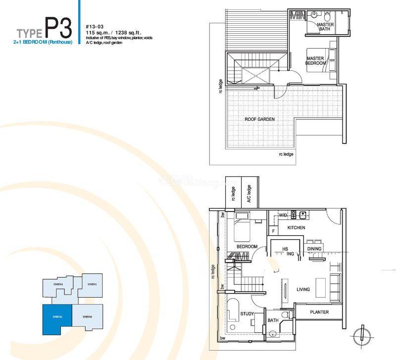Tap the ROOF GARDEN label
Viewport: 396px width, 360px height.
pos(259,119)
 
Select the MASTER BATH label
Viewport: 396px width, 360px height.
pos(325,27)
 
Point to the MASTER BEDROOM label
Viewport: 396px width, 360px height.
pos(315,61)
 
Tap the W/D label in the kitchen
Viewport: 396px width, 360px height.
pos(283,215)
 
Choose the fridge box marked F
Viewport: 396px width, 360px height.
pos(273,230)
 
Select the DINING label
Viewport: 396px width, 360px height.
pos(314,249)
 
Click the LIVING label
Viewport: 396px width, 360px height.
pos(303,289)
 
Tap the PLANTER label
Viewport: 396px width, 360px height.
pos(319,312)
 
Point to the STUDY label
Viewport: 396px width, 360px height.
pos(247,314)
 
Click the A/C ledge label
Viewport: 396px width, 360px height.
pos(249,194)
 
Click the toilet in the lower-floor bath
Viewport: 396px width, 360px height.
pos(285,314)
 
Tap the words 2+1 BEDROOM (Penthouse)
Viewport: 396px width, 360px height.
pos(44,42)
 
